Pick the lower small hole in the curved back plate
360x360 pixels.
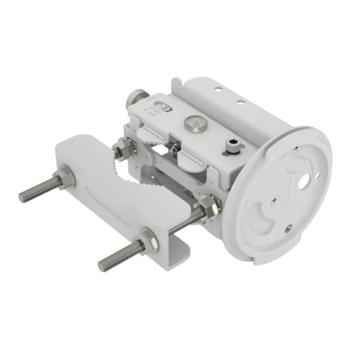point(239,102)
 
